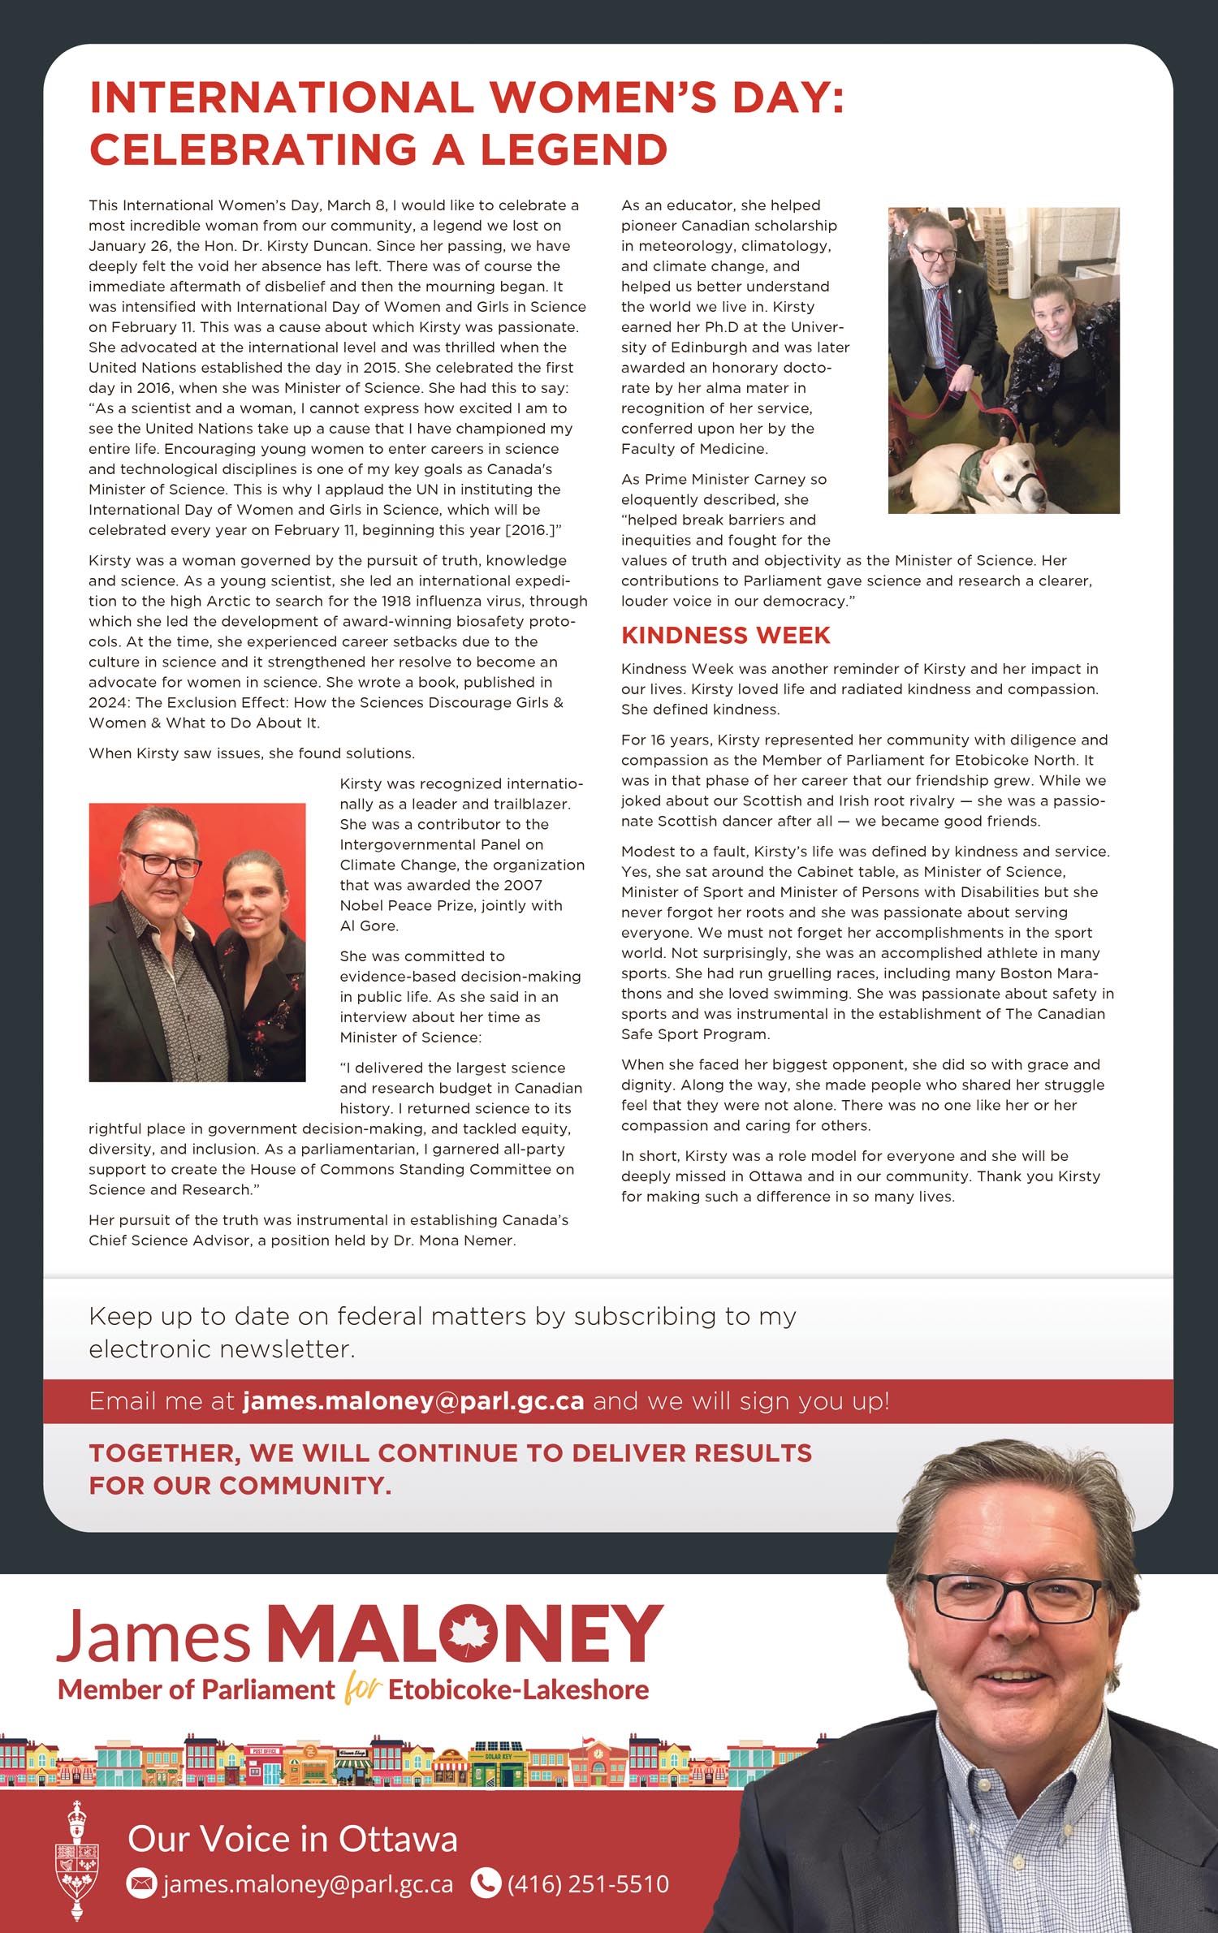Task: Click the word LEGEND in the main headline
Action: click(x=573, y=150)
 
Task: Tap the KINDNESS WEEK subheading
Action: click(x=725, y=636)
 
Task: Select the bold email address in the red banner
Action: click(x=413, y=1401)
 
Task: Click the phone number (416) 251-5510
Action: click(x=588, y=1883)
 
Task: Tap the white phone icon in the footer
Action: click(x=486, y=1883)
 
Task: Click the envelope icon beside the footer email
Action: click(x=142, y=1883)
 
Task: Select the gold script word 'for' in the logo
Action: click(x=361, y=1689)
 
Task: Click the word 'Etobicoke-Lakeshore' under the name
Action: click(x=518, y=1690)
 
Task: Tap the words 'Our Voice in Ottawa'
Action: click(x=292, y=1839)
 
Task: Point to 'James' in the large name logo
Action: click(x=153, y=1636)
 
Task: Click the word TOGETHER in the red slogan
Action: click(x=164, y=1453)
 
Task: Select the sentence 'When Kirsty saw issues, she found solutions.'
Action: click(x=252, y=753)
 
